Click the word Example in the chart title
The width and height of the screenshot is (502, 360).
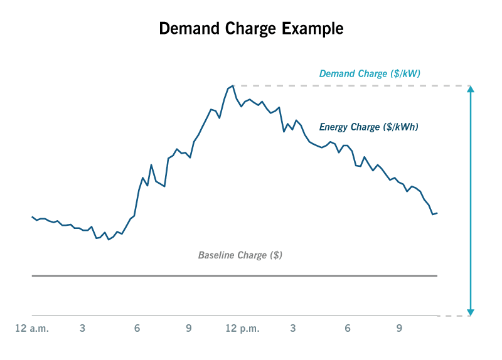(x=312, y=29)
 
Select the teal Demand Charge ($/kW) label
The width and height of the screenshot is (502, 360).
(x=370, y=73)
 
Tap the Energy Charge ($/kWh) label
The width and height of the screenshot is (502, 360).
(x=368, y=127)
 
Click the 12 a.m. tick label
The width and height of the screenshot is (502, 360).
(x=32, y=328)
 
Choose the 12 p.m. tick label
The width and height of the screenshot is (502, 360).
(x=242, y=328)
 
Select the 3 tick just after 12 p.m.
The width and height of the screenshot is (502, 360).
(x=293, y=328)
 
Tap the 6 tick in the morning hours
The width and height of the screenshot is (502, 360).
(x=137, y=328)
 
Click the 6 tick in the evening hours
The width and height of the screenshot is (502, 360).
(x=347, y=328)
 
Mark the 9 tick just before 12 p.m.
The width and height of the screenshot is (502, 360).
(x=189, y=328)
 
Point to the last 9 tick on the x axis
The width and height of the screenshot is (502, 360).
(x=399, y=328)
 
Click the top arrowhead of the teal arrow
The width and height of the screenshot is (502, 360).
(x=471, y=89)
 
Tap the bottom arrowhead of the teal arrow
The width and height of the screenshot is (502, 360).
(x=471, y=312)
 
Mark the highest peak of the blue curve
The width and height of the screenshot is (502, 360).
(x=233, y=86)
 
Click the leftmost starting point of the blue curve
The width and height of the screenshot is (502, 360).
(x=33, y=216)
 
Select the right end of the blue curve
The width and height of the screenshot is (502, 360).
(x=436, y=213)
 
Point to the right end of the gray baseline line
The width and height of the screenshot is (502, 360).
(x=436, y=275)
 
